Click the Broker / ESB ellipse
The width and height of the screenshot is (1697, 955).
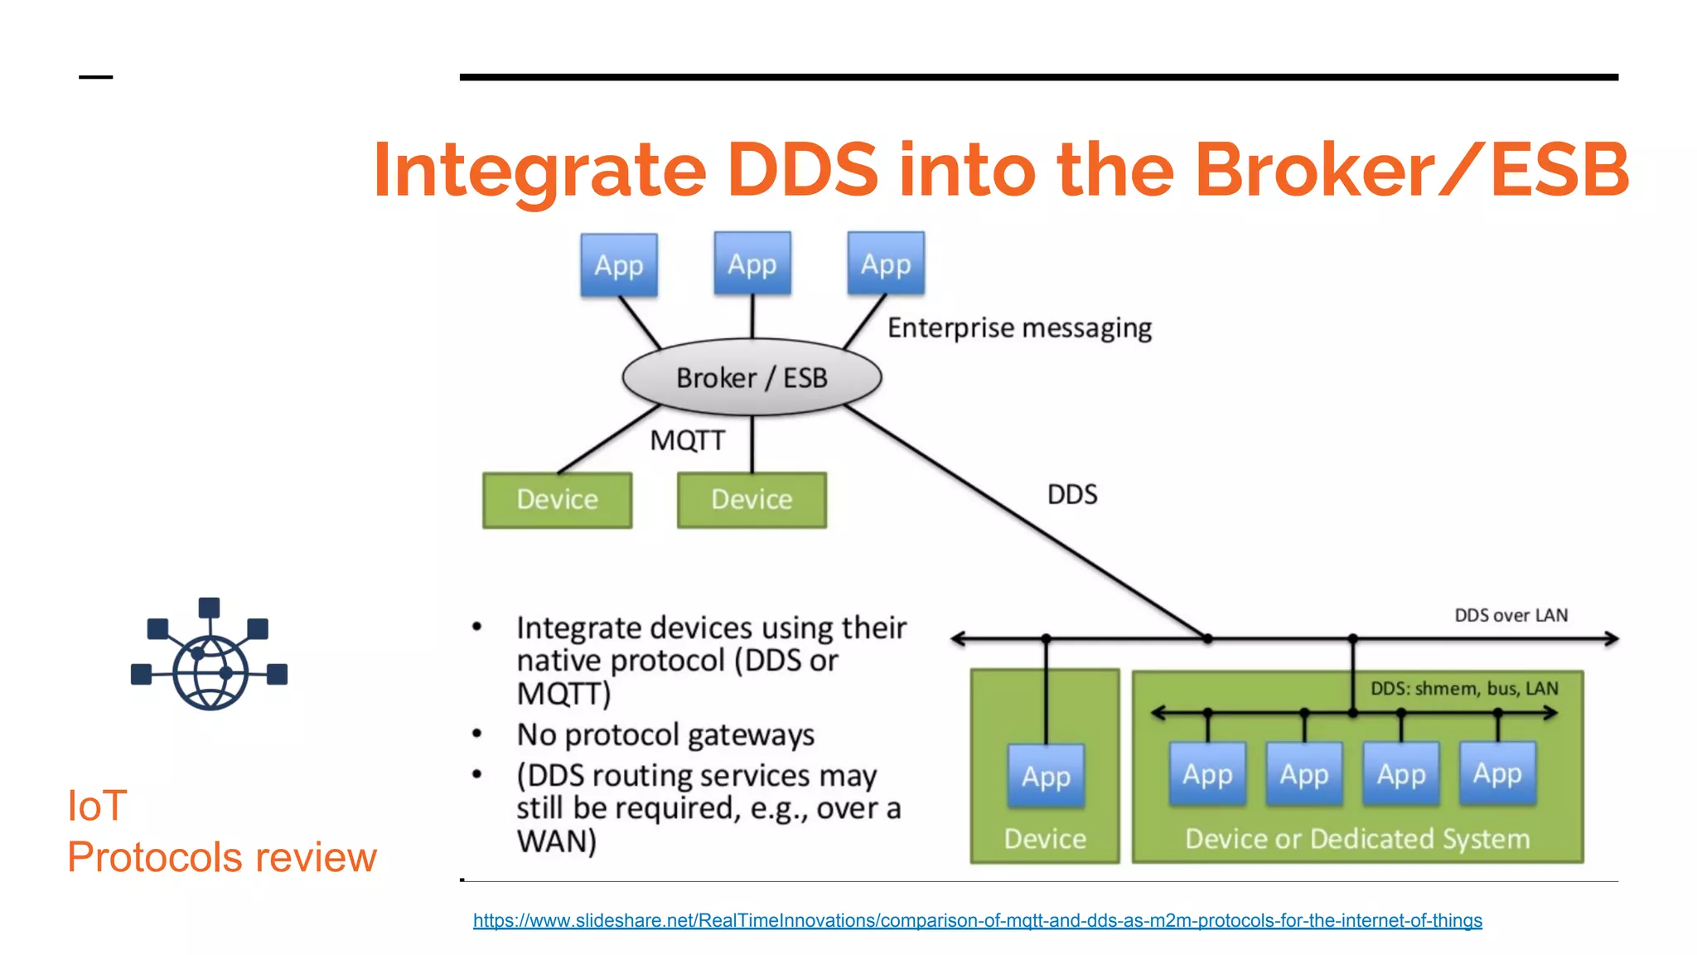click(752, 377)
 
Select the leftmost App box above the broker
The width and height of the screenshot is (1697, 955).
click(619, 265)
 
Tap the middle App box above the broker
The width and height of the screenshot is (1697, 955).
click(752, 264)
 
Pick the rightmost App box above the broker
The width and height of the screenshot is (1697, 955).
click(886, 264)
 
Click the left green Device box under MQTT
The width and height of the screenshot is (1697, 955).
click(557, 500)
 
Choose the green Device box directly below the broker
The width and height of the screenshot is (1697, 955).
click(752, 500)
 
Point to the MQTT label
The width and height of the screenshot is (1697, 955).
click(687, 440)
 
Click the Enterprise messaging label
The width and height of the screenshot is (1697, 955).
click(1019, 328)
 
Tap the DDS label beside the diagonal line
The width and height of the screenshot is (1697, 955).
click(1072, 495)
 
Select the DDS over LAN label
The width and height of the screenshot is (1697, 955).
click(1511, 615)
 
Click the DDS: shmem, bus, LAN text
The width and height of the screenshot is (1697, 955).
click(1463, 689)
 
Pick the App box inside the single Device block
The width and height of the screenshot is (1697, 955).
click(1046, 776)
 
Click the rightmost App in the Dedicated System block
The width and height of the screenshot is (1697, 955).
click(1497, 773)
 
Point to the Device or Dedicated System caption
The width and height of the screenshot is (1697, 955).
click(1357, 839)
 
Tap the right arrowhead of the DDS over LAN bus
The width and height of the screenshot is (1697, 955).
click(1611, 638)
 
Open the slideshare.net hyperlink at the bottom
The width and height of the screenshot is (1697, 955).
click(977, 920)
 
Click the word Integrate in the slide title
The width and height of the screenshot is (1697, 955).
click(539, 170)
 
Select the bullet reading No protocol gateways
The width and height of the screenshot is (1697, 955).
click(665, 735)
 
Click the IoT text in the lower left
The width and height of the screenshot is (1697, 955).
click(97, 806)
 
